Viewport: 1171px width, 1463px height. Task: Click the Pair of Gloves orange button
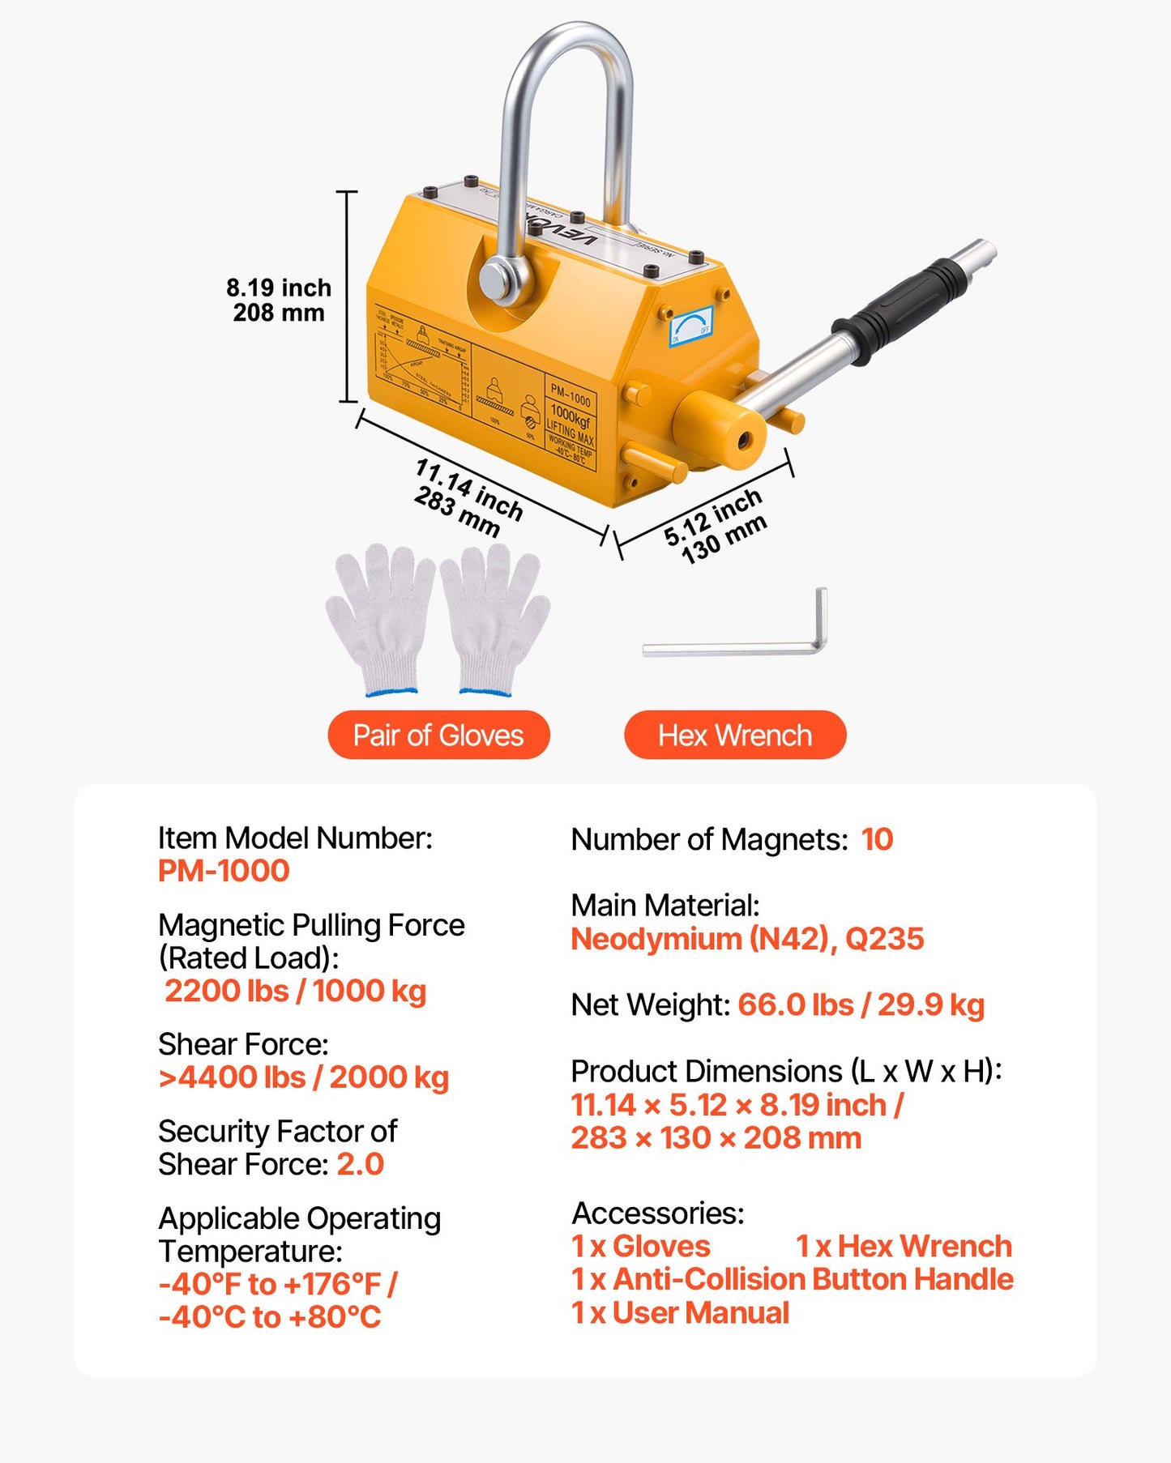[x=438, y=735]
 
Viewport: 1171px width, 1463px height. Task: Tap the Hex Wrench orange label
[x=734, y=735]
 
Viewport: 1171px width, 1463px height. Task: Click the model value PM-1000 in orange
[x=224, y=871]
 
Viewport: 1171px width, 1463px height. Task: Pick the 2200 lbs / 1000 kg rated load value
[x=296, y=991]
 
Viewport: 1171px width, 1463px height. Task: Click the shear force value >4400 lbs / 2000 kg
[x=304, y=1077]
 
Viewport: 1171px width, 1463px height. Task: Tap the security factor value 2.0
[x=360, y=1164]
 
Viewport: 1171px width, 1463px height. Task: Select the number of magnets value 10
[x=877, y=839]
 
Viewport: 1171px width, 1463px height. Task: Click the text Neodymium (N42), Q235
[x=747, y=939]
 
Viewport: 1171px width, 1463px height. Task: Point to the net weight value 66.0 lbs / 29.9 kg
[x=861, y=1004]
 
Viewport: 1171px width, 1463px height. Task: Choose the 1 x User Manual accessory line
[x=680, y=1312]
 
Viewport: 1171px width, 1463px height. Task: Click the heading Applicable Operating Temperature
[x=299, y=1235]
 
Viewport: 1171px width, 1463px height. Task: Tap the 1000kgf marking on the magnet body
[x=571, y=416]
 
